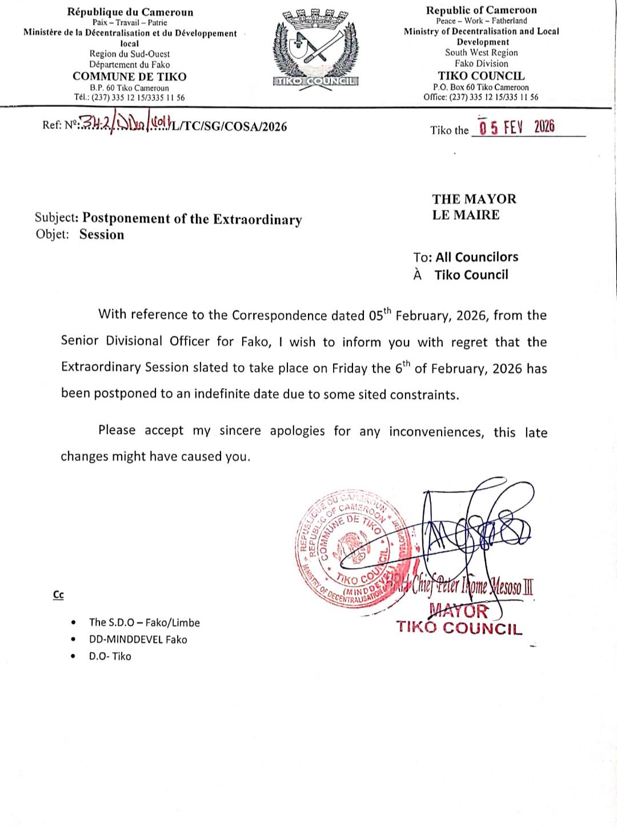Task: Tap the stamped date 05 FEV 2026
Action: [517, 127]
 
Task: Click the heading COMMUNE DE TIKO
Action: [130, 77]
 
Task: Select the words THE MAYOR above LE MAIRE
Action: [474, 199]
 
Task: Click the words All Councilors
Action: [477, 257]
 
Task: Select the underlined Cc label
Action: [58, 595]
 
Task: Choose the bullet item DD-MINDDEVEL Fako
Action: [138, 640]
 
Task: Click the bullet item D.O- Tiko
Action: [110, 656]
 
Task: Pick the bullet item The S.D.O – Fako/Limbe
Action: [144, 622]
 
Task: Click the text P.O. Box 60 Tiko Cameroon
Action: [480, 87]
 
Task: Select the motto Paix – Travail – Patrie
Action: [130, 23]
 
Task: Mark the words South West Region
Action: [482, 53]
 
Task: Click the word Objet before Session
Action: [52, 234]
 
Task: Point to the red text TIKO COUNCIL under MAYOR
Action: [459, 628]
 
